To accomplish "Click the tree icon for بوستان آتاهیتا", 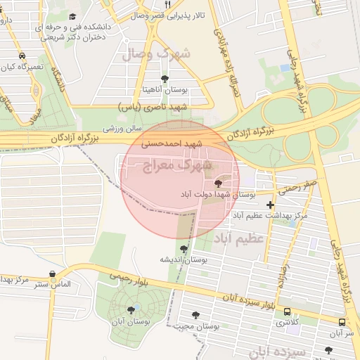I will coord(165,79).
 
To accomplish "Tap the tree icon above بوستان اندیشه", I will coord(184,248).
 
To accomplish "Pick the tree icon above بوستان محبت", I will coord(195,315).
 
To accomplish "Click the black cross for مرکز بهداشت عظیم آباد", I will coord(270,205).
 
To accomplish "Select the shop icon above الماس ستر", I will coord(51,275).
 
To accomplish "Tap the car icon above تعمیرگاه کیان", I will coord(22,56).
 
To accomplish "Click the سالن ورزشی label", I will coord(123,129).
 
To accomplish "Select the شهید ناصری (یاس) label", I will coord(153,106).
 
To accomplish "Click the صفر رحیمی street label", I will coord(300,187).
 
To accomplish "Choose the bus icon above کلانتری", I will coord(286,311).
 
